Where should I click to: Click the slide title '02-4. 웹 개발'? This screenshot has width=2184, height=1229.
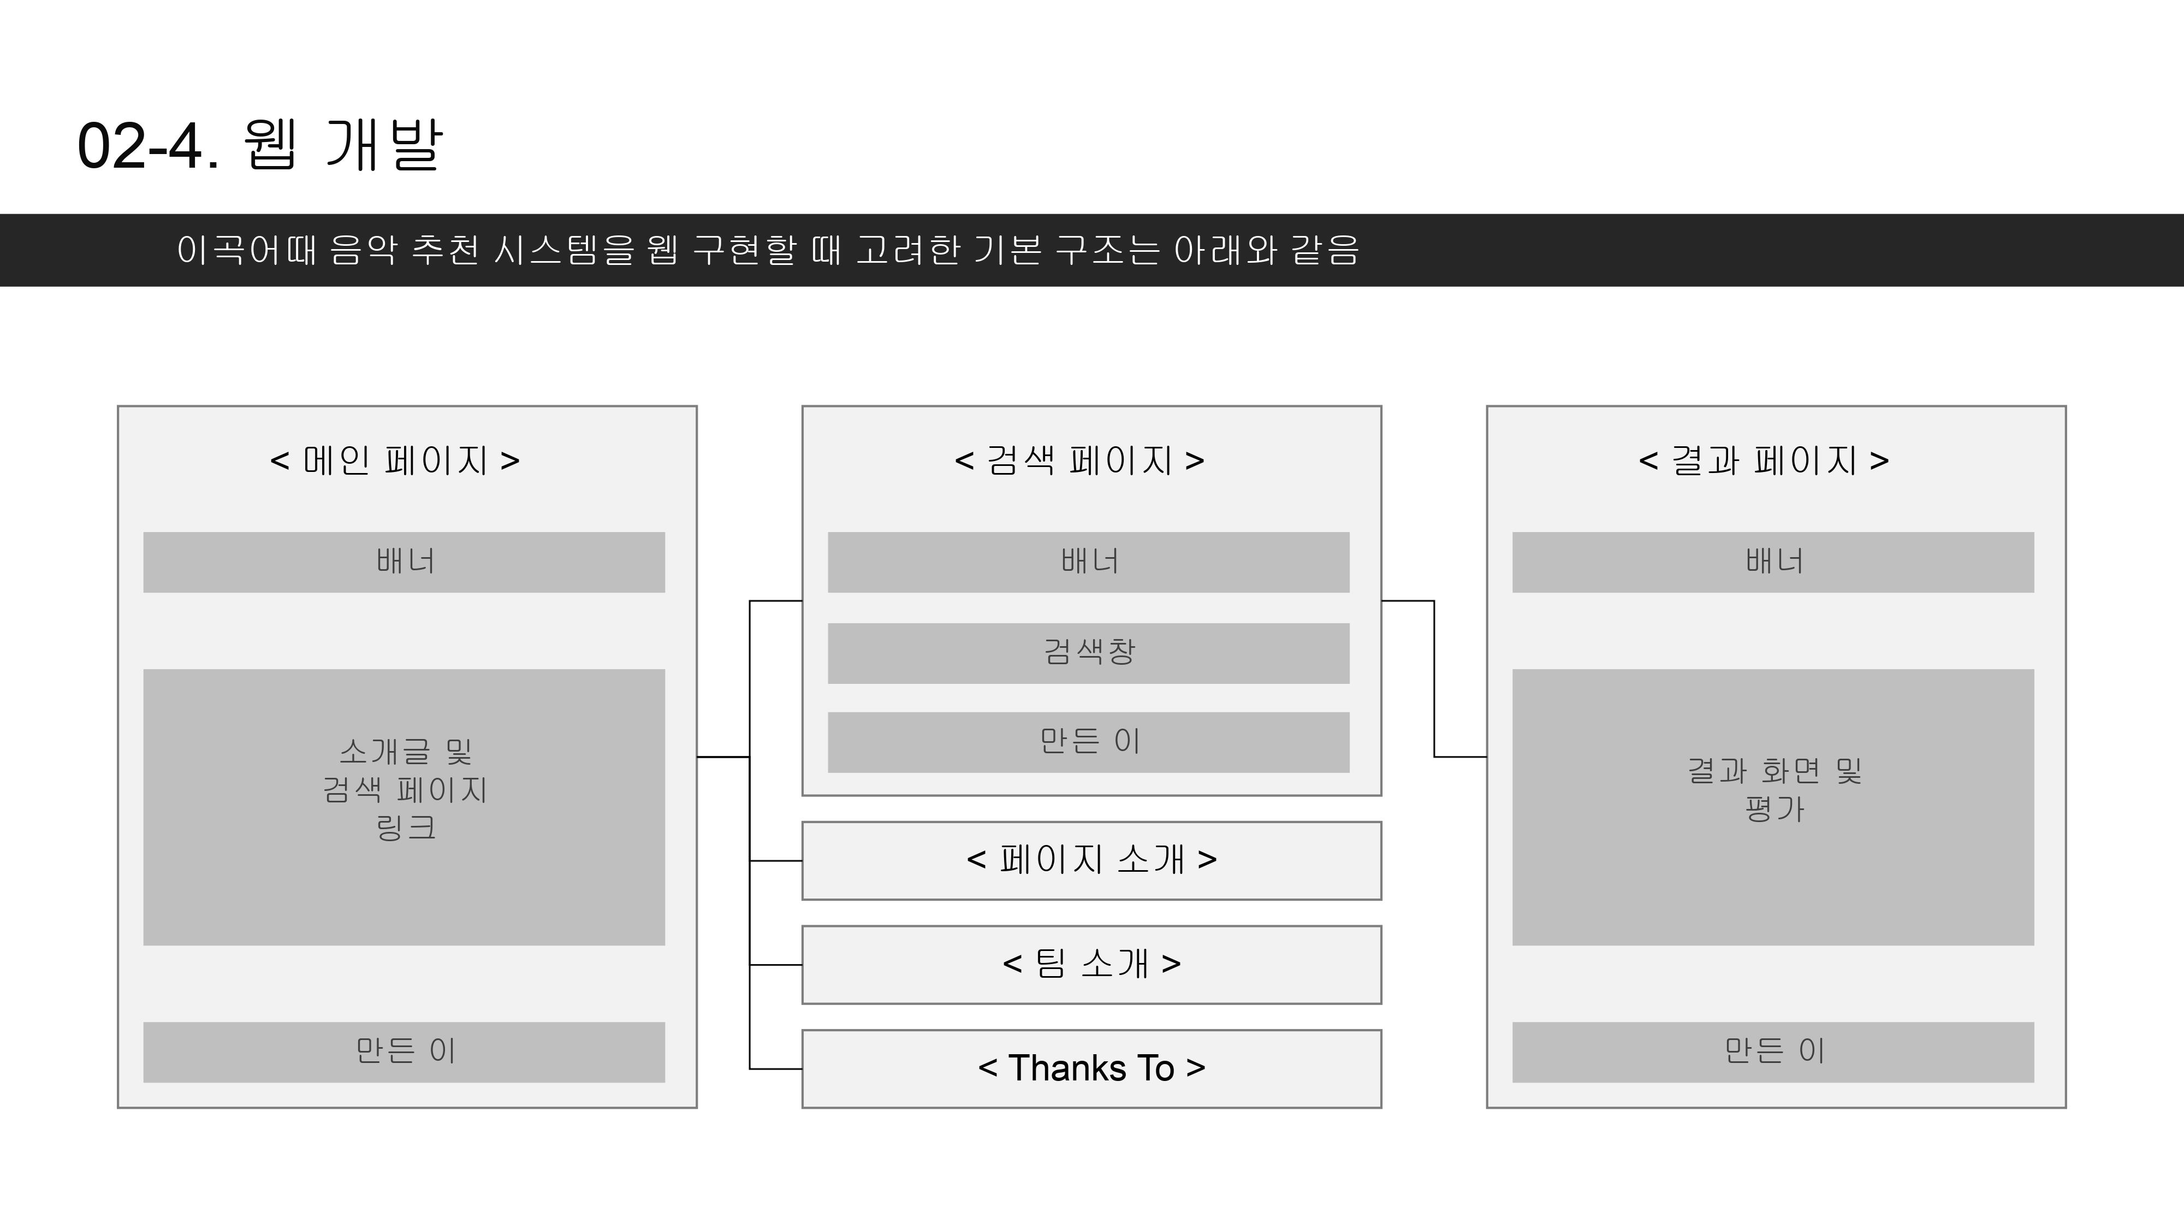click(259, 145)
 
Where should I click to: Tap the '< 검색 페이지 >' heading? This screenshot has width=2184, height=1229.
click(1079, 460)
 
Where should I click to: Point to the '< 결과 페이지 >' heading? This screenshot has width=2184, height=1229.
click(1764, 460)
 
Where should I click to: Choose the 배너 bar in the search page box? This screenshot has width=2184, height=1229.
click(1089, 562)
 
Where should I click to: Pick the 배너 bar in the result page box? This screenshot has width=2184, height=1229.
click(1773, 562)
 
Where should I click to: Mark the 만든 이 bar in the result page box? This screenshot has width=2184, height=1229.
click(1773, 1051)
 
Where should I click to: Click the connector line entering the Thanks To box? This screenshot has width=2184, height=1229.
click(776, 1069)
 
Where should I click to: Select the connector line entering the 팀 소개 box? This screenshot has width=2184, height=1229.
click(776, 965)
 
